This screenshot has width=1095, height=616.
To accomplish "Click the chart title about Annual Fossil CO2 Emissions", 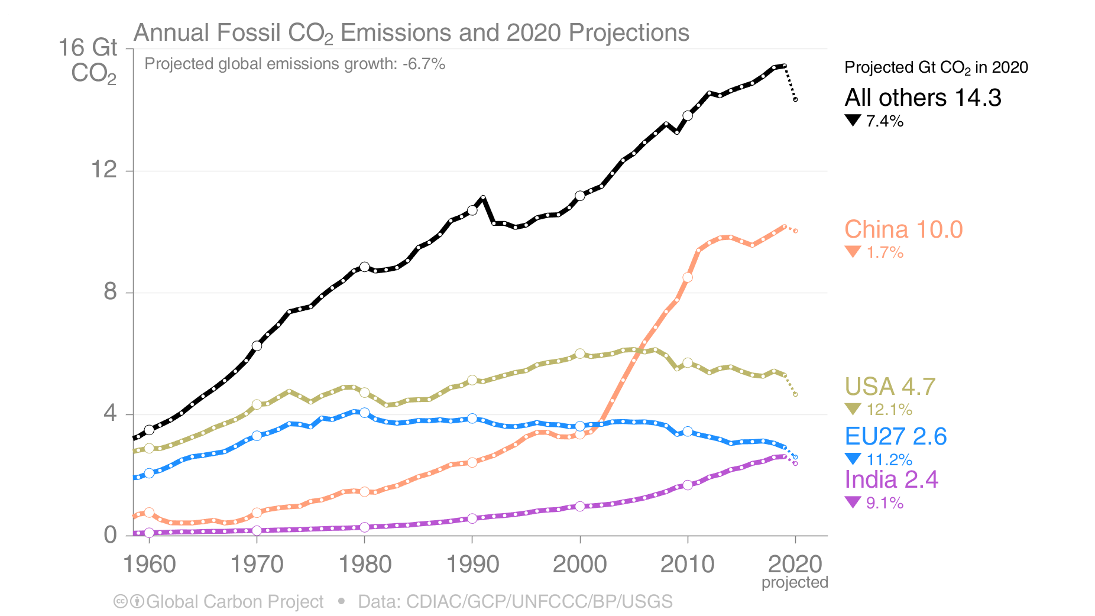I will click(411, 33).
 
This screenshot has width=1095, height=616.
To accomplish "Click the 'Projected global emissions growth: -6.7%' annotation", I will click(294, 64).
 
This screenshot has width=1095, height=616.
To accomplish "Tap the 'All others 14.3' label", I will click(922, 98).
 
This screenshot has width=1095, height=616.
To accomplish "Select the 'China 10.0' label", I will click(903, 229).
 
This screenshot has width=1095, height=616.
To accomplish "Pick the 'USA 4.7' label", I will click(890, 387).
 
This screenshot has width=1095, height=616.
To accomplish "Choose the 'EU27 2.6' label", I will click(895, 436).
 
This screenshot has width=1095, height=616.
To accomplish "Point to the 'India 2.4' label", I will click(891, 479).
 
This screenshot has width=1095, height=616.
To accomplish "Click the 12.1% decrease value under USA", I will click(889, 409).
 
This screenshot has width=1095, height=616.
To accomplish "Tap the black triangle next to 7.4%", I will click(853, 121).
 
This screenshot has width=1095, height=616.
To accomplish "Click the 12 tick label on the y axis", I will click(103, 170).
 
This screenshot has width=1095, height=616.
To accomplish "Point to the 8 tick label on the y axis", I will click(110, 292).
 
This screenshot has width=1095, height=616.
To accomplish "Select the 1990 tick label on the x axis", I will click(472, 564).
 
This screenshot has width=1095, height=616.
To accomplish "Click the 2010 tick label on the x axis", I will click(687, 564).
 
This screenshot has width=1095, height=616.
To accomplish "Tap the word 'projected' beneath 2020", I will click(794, 582).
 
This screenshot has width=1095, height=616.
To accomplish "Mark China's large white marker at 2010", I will click(687, 277).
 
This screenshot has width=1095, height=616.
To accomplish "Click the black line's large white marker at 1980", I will click(364, 267).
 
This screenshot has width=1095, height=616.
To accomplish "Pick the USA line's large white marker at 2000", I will click(579, 354).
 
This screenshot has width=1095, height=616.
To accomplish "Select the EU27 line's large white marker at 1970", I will click(257, 436).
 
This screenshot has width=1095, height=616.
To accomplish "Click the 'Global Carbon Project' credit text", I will click(234, 602).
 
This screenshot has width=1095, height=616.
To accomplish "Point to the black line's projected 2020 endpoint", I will click(795, 99).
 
